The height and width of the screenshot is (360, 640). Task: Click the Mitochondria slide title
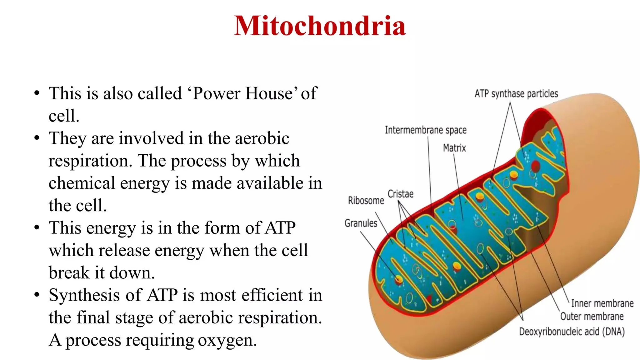[320, 26]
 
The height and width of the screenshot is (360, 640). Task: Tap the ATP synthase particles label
[516, 93]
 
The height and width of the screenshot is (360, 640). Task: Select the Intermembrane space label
[426, 130]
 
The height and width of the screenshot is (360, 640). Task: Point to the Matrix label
[454, 148]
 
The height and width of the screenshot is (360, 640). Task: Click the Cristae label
[400, 194]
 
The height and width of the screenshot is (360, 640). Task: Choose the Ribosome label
[366, 200]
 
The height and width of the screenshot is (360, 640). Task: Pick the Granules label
[361, 223]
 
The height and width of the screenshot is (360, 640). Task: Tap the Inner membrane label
[602, 303]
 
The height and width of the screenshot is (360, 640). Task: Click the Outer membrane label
[592, 316]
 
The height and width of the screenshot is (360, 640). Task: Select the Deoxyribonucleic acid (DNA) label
[572, 332]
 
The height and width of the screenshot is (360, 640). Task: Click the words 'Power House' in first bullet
[243, 93]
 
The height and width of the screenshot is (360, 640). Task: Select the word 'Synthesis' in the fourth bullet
[85, 295]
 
